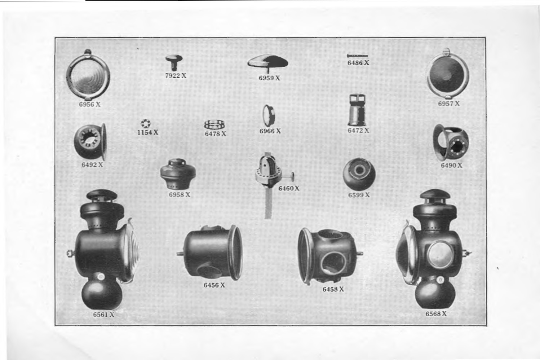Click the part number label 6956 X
(89, 104)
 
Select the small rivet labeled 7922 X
(174, 62)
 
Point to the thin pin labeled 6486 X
(357, 56)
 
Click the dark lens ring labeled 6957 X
(448, 75)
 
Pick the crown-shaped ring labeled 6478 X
(214, 125)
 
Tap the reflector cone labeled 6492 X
(90, 141)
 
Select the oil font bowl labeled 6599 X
(359, 174)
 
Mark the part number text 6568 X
(436, 314)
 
